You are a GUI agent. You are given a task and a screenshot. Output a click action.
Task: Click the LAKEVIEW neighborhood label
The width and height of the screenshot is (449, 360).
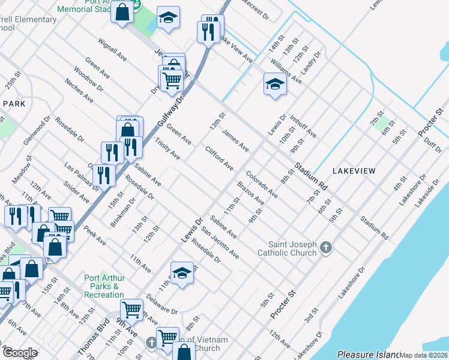(352, 171)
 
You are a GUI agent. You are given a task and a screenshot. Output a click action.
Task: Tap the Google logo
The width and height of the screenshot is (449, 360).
(19, 353)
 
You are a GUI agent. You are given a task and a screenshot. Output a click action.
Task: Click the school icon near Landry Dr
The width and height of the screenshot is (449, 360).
(274, 85)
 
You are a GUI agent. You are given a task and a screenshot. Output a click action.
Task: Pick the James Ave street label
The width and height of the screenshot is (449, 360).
(235, 139)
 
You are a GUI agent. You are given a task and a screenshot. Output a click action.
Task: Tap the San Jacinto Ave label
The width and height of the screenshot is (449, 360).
(220, 243)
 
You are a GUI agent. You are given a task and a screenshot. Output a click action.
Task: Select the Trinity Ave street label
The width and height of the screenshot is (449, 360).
(167, 148)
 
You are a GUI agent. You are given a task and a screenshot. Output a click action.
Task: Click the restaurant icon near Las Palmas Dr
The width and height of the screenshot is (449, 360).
(104, 176)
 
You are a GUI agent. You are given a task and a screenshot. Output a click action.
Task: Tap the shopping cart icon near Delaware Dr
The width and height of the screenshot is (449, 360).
(131, 310)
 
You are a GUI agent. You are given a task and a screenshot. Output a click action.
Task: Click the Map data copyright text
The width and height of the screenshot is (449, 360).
(424, 355)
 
